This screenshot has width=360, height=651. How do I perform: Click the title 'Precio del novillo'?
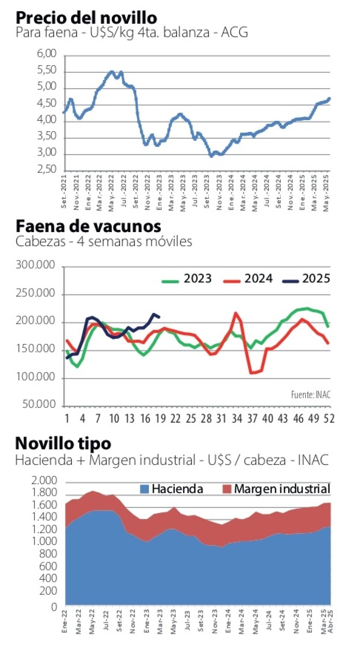[x=86, y=18]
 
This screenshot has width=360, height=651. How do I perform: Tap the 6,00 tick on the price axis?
[x=47, y=55]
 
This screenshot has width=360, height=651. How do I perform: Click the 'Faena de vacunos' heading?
[x=88, y=226]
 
